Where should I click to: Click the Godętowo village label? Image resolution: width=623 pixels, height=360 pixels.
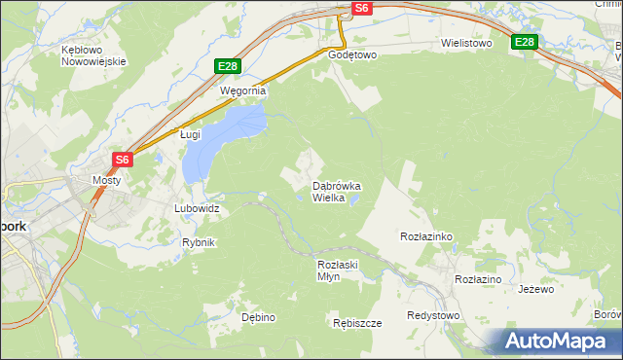pos(352,55)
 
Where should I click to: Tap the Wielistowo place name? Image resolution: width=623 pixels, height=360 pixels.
pos(466,44)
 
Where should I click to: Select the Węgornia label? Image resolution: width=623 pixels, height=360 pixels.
pos(242,90)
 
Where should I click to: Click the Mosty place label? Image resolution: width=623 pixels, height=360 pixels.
pos(106,180)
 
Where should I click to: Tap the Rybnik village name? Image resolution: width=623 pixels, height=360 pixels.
pos(199,242)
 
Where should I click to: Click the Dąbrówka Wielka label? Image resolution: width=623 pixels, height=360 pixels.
pos(337,191)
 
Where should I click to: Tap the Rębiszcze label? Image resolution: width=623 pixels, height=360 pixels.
pos(356,323)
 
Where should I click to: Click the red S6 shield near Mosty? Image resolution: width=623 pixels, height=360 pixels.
pos(122,160)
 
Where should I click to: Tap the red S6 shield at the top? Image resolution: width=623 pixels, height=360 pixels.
pos(361,8)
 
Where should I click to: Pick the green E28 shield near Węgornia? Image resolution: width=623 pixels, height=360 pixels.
pos(227,66)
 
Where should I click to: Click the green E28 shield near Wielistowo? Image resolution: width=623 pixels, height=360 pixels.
pos(525,42)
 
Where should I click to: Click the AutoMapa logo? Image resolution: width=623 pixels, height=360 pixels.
pos(559,341)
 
